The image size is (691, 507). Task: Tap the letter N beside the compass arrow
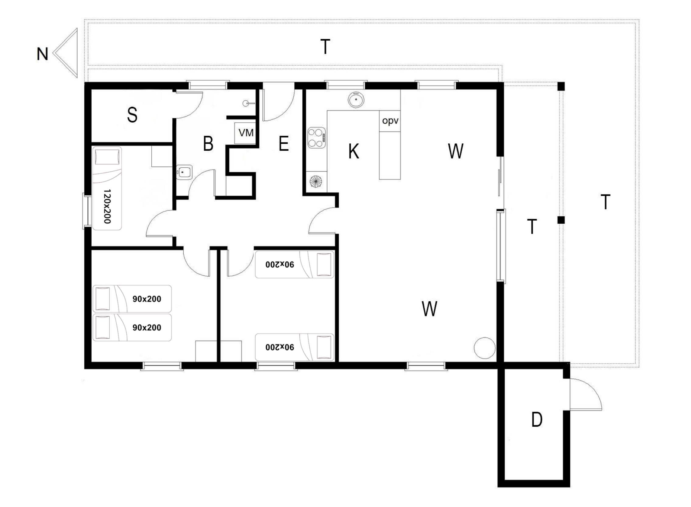[42, 54]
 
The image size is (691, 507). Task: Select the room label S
[132, 115]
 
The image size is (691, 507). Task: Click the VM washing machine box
[245, 133]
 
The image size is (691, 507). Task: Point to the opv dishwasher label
[390, 121]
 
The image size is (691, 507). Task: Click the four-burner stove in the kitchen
[317, 138]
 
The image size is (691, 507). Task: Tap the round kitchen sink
[356, 100]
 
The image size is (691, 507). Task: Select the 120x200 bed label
[107, 206]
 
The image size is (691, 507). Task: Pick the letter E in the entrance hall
[284, 143]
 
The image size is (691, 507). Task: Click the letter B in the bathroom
[208, 143]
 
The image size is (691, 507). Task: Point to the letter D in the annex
[537, 420]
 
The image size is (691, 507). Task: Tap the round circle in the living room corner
[484, 348]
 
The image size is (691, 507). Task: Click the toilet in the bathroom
[184, 173]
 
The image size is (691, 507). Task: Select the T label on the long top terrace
[325, 47]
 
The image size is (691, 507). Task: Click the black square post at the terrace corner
[561, 86]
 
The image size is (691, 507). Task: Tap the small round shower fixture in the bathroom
[246, 103]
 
